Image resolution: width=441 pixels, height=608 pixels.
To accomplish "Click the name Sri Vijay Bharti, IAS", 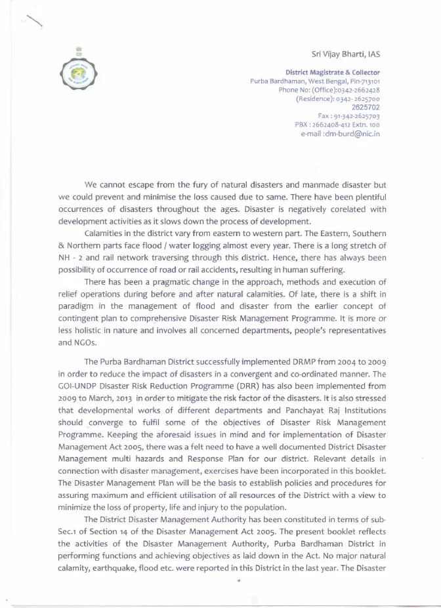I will [x=345, y=54].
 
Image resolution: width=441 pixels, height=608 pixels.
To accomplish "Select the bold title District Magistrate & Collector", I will [x=333, y=72].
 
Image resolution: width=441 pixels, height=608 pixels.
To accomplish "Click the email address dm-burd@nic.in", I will [x=351, y=134].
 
